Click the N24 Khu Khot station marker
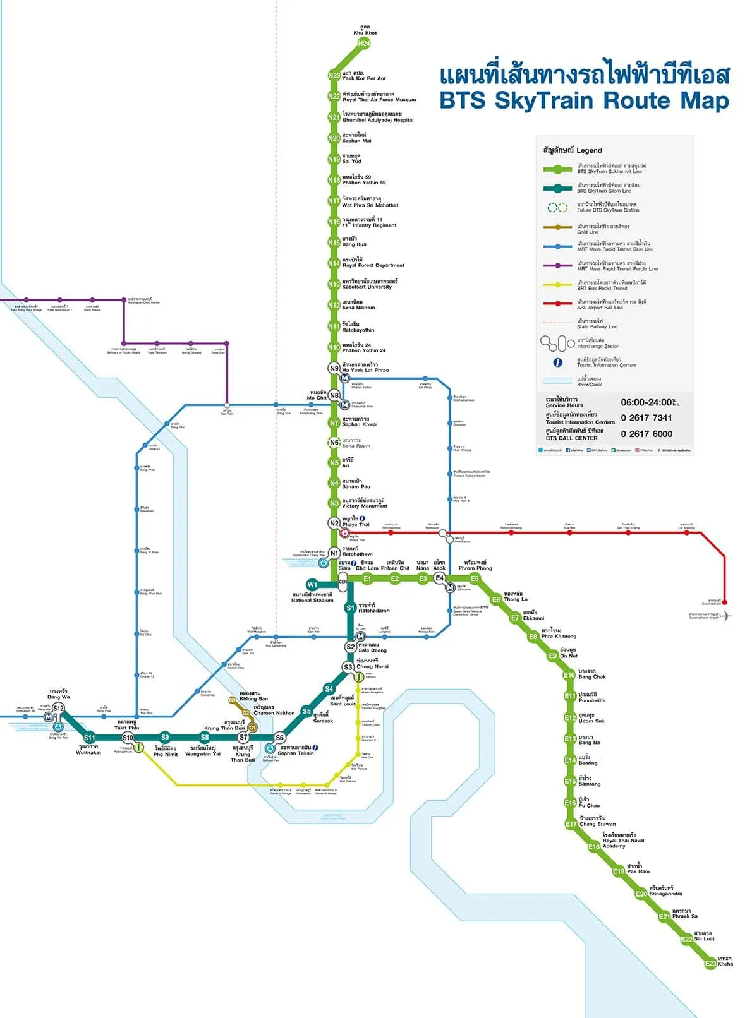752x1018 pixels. point(363,44)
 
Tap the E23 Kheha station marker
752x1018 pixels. point(711,964)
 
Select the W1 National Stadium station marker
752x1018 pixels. point(312,585)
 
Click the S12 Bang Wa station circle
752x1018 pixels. point(58,709)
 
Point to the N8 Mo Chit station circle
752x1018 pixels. point(334,395)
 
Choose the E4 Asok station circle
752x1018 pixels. point(440,578)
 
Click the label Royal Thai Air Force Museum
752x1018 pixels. point(379,100)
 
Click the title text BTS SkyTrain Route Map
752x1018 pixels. point(584,100)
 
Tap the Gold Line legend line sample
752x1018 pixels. point(558,227)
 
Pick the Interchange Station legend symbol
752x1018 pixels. point(557,344)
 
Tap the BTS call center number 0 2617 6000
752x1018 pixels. point(646,434)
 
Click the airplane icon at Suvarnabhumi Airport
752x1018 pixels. point(726,616)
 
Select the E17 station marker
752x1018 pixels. point(571,824)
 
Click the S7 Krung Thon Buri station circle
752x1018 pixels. point(243,737)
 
